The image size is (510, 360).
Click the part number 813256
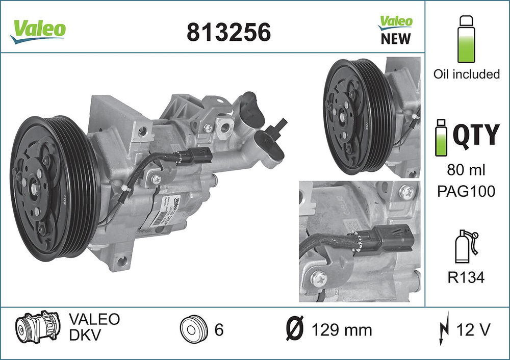(x=228, y=32)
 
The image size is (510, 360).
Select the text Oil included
(x=467, y=74)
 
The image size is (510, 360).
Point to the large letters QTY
(x=476, y=134)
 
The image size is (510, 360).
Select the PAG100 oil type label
(x=467, y=192)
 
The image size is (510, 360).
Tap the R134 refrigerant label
(x=467, y=277)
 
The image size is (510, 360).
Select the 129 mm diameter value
(x=341, y=330)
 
